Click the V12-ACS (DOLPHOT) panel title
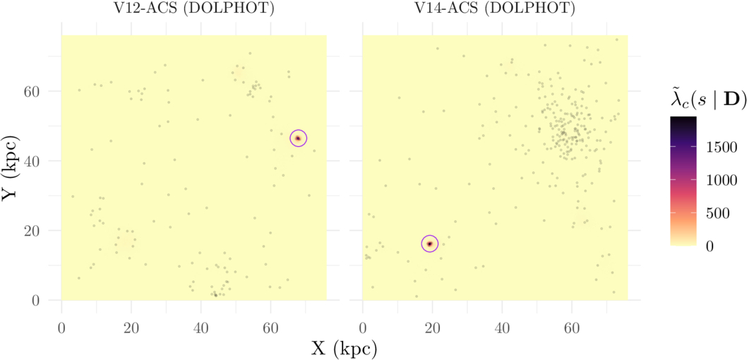click(193, 10)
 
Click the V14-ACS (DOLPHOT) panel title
click(494, 10)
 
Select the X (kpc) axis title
click(344, 347)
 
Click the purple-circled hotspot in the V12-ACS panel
click(298, 138)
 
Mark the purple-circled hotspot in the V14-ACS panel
click(429, 244)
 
